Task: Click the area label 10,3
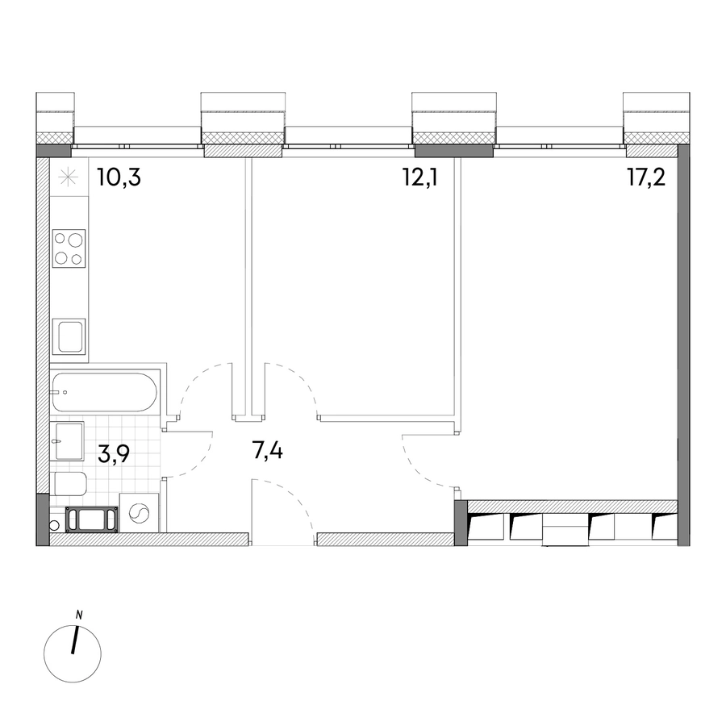coord(119,177)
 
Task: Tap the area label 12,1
coord(420,177)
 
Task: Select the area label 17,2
coord(646,177)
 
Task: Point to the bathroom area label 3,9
coord(114,455)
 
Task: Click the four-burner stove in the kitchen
coord(69,248)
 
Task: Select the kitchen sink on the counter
coord(69,336)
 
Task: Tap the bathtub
coord(105,392)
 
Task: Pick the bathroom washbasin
coord(67,440)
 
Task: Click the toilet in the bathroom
coord(69,484)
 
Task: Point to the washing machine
coord(139,512)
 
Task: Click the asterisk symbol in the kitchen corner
coord(68,177)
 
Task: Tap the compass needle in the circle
coord(74,640)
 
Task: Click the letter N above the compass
coord(79,615)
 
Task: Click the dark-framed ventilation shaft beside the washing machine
coord(92,519)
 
